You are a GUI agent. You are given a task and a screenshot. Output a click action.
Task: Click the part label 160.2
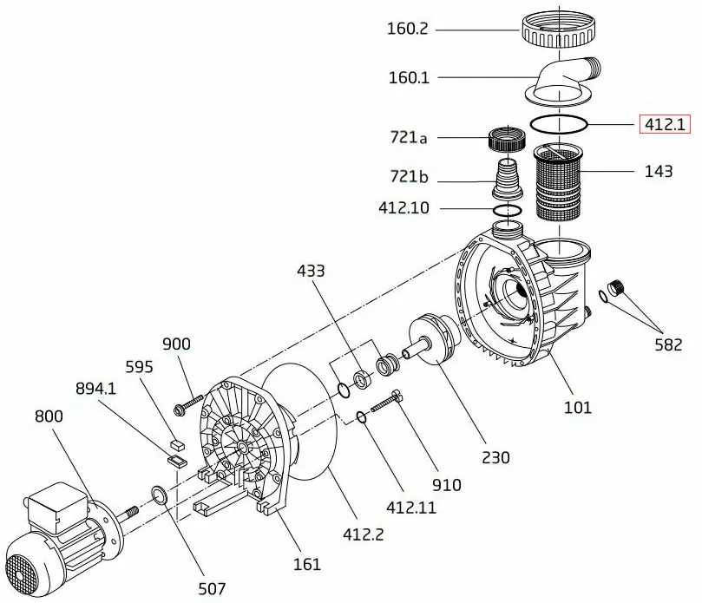408,29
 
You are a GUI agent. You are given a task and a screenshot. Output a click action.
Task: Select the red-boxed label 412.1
664,124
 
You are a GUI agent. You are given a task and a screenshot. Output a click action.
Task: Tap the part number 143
659,171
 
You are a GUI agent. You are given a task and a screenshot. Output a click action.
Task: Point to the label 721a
408,137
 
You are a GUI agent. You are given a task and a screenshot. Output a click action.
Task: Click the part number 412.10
403,208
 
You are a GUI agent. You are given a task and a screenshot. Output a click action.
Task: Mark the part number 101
578,406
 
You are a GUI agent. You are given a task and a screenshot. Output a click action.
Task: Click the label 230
496,457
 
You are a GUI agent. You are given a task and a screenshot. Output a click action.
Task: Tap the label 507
212,588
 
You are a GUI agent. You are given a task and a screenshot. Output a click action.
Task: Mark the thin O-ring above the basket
560,124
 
